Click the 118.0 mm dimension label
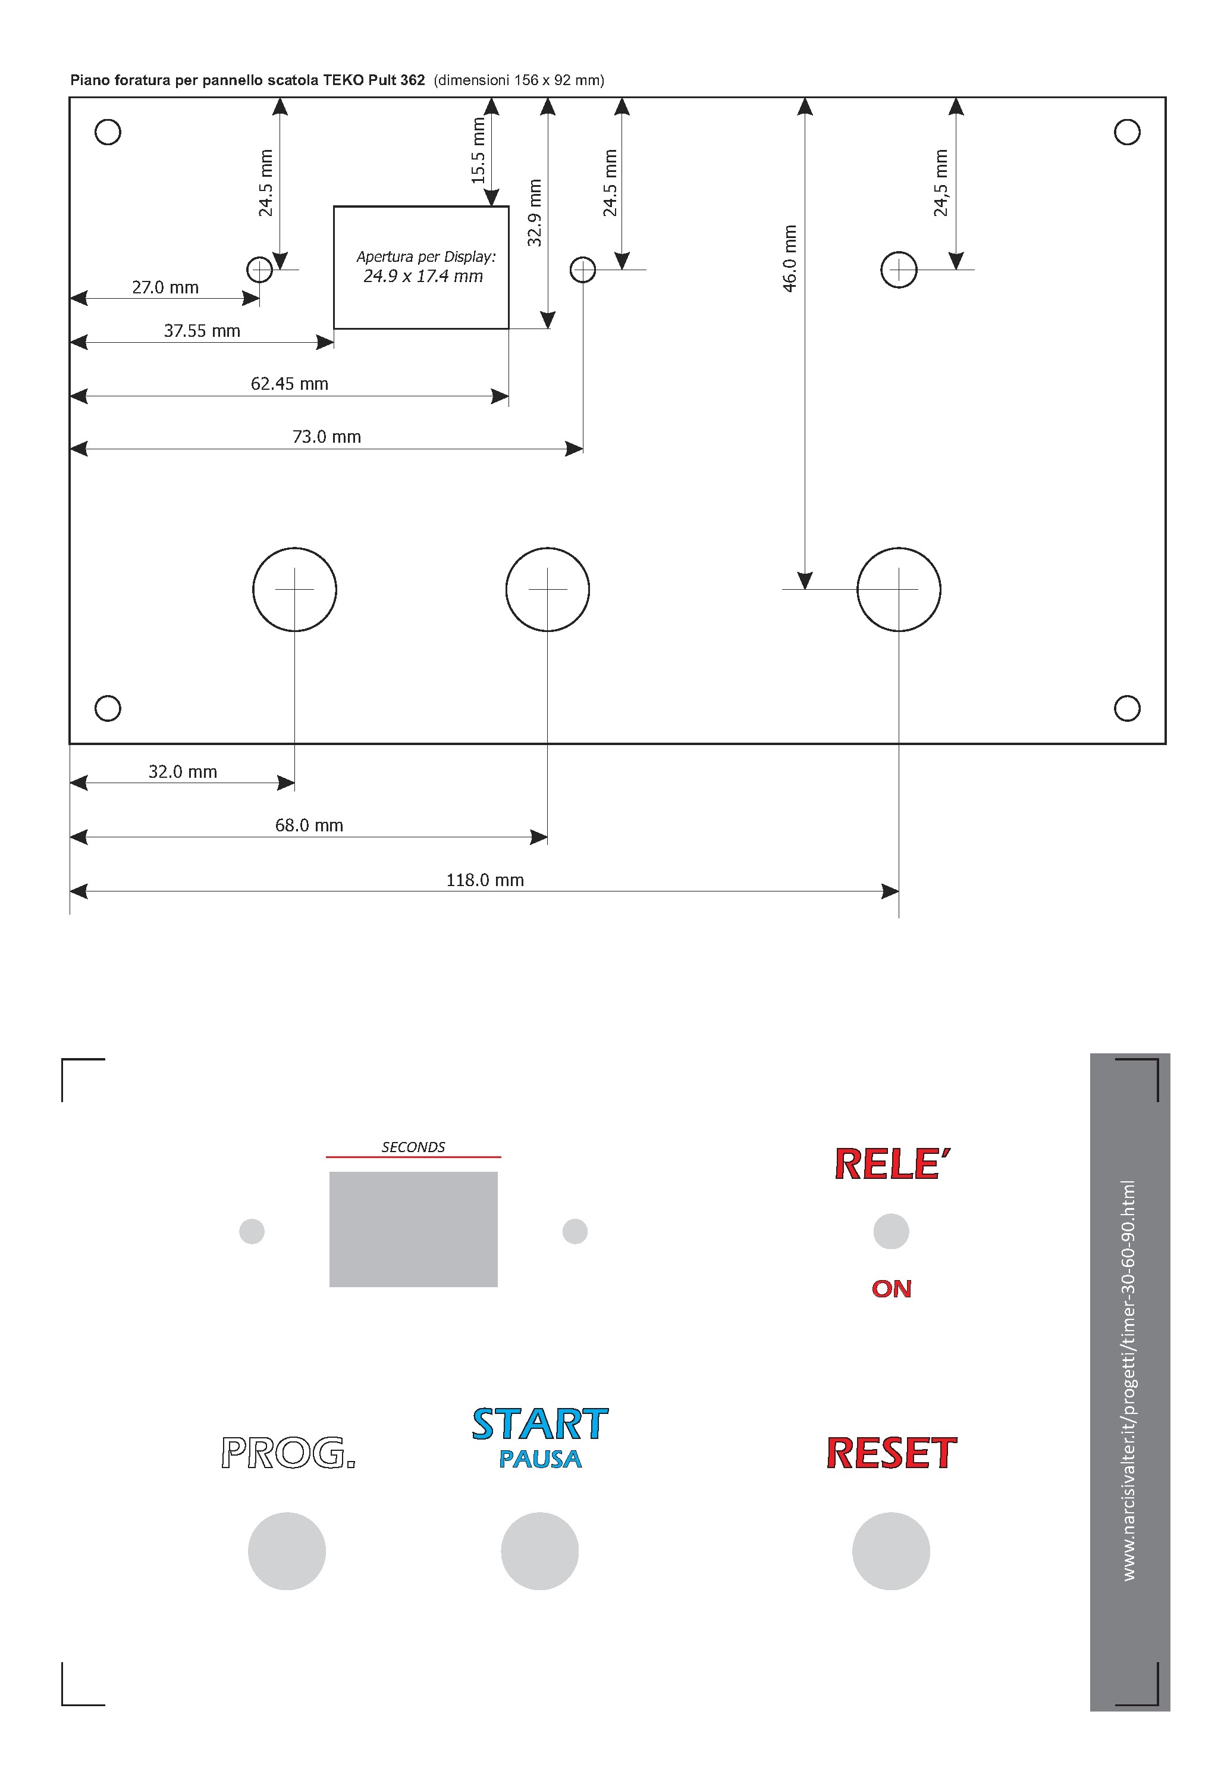485,880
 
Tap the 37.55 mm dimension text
202,331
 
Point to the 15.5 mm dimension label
478,151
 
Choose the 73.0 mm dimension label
327,436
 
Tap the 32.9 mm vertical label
535,213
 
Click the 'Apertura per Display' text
426,256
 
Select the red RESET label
892,1453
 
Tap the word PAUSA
540,1459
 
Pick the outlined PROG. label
288,1453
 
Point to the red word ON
892,1290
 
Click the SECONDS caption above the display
413,1147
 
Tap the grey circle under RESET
892,1551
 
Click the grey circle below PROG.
287,1551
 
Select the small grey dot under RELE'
892,1231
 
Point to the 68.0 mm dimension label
309,825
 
